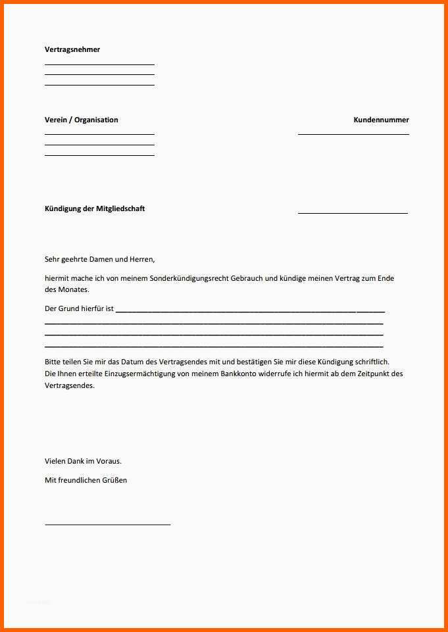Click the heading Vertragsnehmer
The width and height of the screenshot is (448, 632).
point(72,49)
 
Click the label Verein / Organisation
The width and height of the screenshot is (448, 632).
point(82,120)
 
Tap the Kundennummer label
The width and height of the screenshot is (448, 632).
point(381,120)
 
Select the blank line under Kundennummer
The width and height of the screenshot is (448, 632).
point(353,134)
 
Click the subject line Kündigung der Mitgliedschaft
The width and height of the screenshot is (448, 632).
point(95,208)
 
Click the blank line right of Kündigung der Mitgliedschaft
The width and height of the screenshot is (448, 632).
point(353,213)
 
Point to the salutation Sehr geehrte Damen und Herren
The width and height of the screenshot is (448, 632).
point(99,259)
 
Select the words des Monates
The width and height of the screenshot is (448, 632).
point(66,289)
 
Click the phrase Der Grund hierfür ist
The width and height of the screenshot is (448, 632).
point(79,308)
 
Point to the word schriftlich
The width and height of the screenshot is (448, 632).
point(372,362)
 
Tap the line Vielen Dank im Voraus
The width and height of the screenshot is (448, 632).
point(83,461)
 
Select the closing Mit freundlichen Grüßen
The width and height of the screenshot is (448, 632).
point(86,480)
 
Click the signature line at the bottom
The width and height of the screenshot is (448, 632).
point(107,524)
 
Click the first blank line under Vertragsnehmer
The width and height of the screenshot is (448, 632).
point(99,64)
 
